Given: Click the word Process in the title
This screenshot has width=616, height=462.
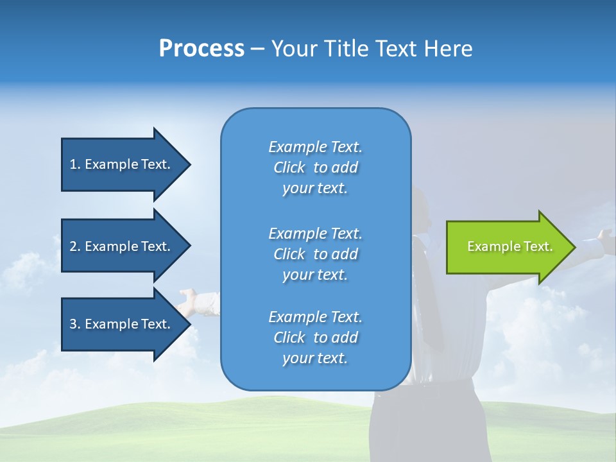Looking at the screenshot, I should [201, 49].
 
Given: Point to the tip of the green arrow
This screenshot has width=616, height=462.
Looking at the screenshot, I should [575, 247].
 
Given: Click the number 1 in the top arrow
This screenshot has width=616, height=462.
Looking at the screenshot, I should [73, 164].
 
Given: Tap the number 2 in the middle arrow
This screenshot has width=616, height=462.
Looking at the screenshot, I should [73, 246].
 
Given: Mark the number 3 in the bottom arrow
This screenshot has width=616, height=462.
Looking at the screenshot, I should [73, 324].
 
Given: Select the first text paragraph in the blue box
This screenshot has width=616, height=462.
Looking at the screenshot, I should [316, 167].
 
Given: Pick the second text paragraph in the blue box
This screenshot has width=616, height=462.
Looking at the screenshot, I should [316, 254].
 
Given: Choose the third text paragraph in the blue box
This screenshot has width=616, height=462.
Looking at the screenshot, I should [316, 338].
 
